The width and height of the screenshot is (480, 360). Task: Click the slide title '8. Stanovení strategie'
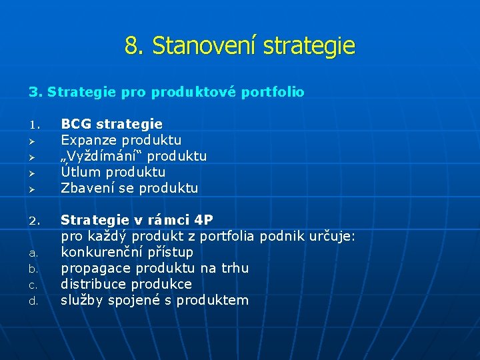[239, 46]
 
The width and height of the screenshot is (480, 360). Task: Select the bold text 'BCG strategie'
[111, 124]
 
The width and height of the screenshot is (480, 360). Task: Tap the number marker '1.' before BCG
[35, 125]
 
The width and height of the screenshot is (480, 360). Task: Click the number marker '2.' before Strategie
[35, 221]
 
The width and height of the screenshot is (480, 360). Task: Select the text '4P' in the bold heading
[200, 220]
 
